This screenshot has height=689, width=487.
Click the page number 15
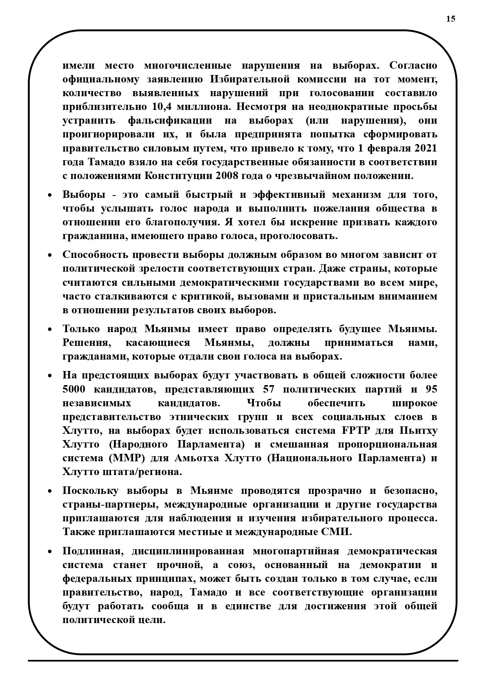451,19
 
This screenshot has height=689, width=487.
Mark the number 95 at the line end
431,389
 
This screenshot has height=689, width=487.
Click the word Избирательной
248,79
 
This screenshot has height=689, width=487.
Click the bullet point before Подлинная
50,552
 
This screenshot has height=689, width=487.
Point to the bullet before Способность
50,256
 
